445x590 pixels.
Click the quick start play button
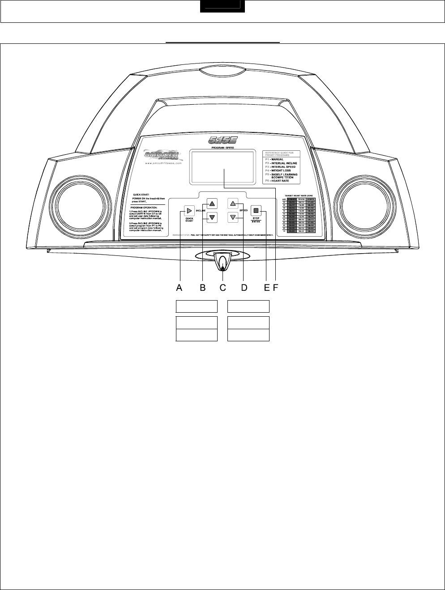click(x=189, y=211)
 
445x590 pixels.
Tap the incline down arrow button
click(x=212, y=218)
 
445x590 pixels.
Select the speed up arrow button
click(x=233, y=204)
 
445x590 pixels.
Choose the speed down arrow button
click(x=233, y=218)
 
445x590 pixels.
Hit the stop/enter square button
click(x=256, y=211)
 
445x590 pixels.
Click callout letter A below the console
click(x=179, y=288)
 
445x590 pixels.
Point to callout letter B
click(x=203, y=288)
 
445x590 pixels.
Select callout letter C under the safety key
click(x=223, y=288)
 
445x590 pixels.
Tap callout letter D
click(x=244, y=288)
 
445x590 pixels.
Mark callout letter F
click(x=274, y=288)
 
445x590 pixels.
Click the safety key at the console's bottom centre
click(x=222, y=261)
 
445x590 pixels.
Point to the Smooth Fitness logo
click(x=162, y=155)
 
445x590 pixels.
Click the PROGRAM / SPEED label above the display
click(x=222, y=147)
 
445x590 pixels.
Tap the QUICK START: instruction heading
click(x=141, y=195)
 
